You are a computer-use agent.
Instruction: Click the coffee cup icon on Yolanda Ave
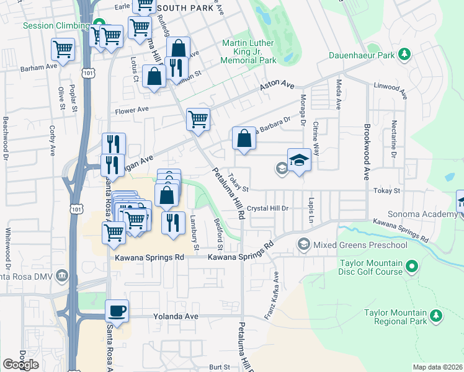click(x=116, y=311)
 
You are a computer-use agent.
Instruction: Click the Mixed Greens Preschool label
click(x=360, y=245)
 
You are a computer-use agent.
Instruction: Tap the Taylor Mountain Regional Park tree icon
click(x=437, y=317)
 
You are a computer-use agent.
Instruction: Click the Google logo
click(x=20, y=364)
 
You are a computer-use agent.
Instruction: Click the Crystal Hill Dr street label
click(x=268, y=208)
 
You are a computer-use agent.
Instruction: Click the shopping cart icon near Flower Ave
click(x=198, y=118)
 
